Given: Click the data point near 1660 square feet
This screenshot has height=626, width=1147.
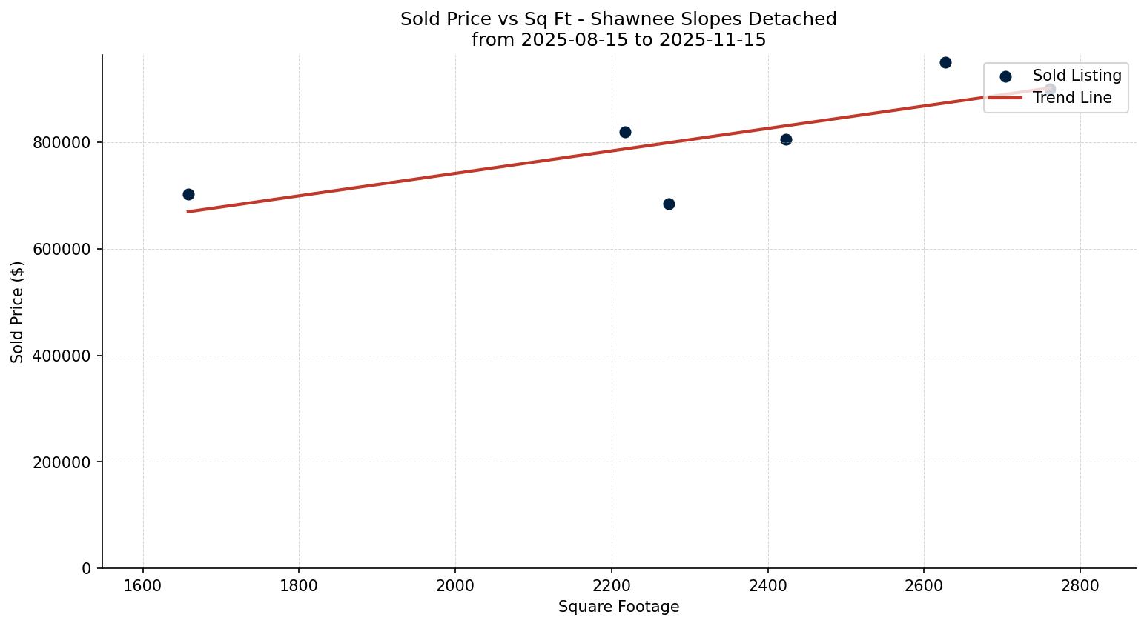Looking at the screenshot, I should [x=188, y=194].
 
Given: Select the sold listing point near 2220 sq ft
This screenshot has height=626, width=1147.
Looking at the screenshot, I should [x=625, y=132].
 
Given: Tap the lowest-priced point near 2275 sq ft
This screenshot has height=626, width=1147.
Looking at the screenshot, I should [x=669, y=204].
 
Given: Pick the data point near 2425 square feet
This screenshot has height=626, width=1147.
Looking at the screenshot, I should [x=786, y=139].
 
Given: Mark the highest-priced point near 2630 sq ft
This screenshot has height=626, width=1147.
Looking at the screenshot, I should [x=945, y=62].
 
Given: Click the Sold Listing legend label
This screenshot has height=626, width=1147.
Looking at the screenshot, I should [x=1077, y=76].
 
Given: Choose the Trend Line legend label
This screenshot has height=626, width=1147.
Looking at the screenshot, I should [x=1071, y=98].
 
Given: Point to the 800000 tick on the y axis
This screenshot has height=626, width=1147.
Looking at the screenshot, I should [x=62, y=143].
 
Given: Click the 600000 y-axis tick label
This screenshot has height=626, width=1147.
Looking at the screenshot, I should [x=62, y=250].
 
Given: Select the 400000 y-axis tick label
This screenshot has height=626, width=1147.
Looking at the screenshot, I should [x=62, y=356].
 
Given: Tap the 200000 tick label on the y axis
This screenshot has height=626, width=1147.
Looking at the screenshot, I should [x=62, y=462].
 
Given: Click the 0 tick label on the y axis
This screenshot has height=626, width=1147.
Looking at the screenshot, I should [x=87, y=569].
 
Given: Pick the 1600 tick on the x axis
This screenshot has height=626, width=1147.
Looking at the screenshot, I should [x=142, y=585].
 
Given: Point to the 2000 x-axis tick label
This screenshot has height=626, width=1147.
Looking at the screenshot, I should [x=455, y=585].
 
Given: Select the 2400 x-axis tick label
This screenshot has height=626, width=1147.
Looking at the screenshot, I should [x=767, y=585].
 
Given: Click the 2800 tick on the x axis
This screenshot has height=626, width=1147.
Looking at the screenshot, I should [x=1080, y=585].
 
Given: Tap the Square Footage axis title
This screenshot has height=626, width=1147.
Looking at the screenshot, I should [x=618, y=607].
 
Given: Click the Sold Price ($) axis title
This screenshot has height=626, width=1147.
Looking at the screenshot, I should [x=18, y=312].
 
